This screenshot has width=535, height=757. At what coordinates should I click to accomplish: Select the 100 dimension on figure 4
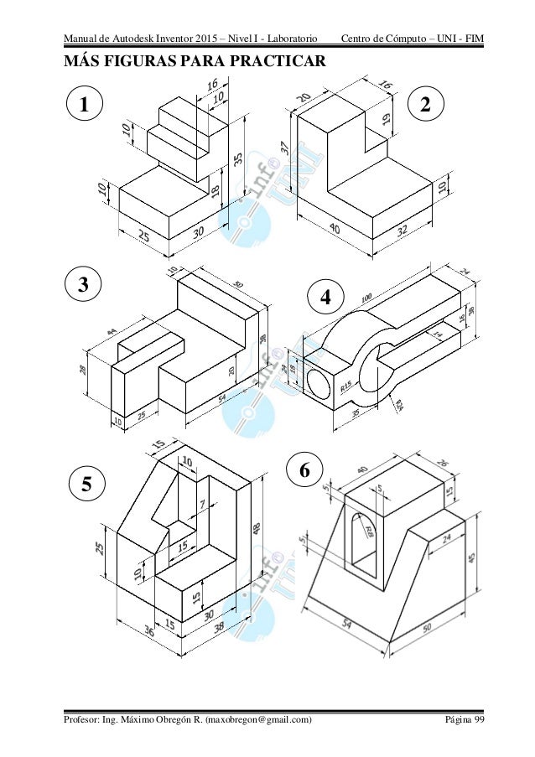tap(366, 299)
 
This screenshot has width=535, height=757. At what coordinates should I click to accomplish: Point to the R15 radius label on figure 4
tap(346, 386)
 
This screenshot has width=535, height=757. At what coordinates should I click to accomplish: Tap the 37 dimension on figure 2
tap(285, 148)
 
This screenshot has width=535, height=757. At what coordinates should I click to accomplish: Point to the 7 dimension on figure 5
tap(203, 503)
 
